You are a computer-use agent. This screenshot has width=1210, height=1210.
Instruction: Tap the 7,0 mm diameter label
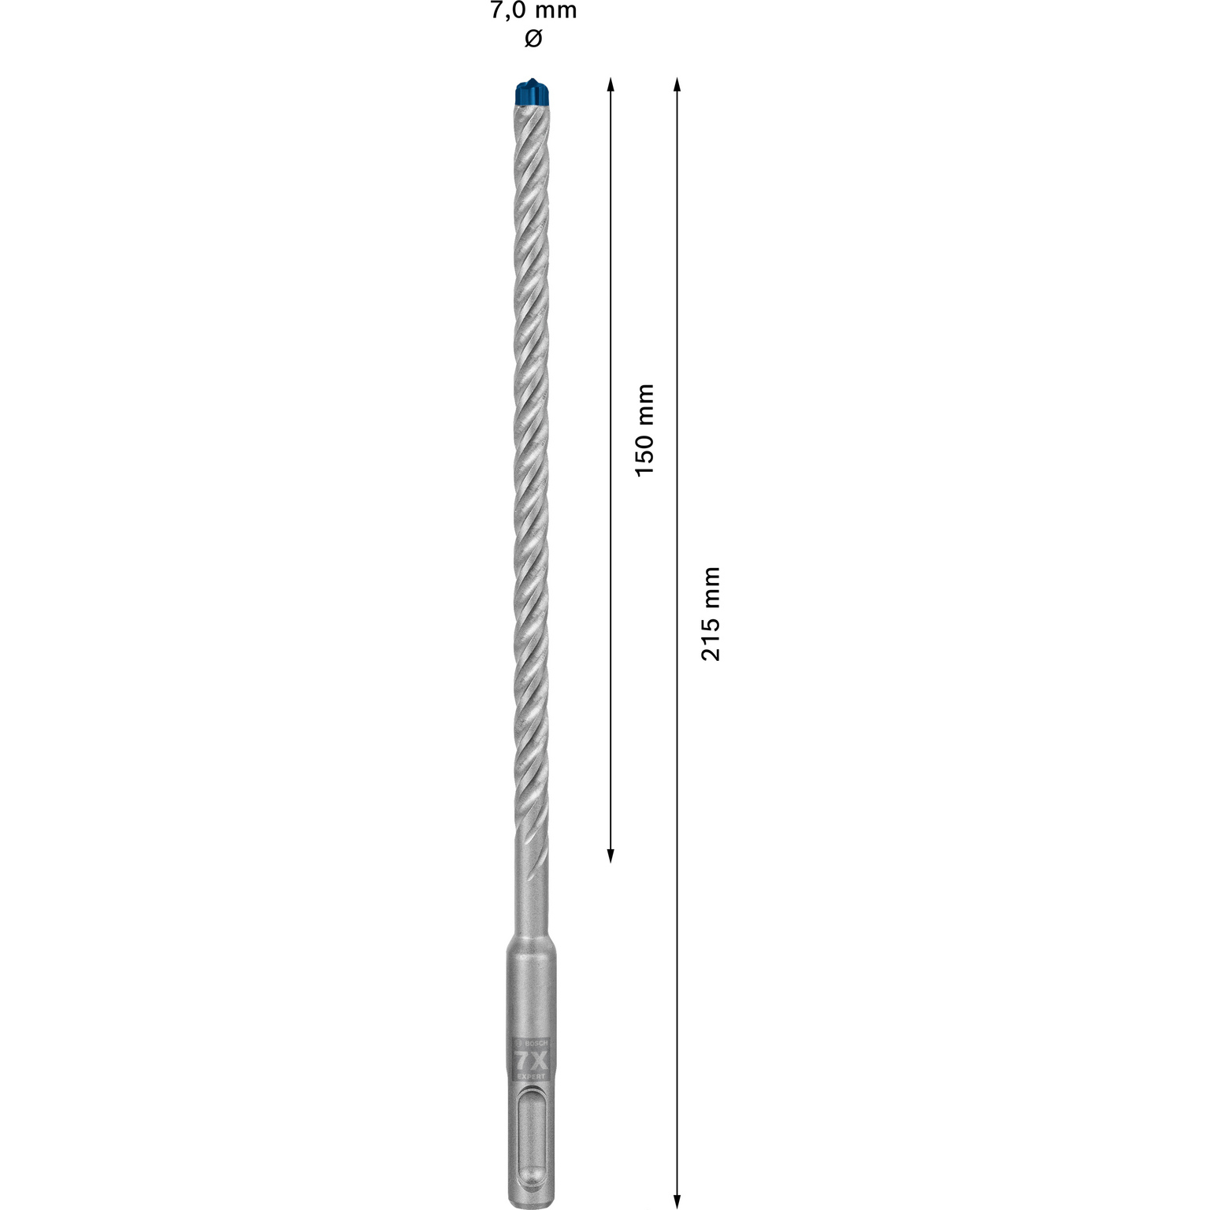pyautogui.click(x=533, y=11)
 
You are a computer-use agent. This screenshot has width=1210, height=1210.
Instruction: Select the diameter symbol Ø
pyautogui.click(x=533, y=39)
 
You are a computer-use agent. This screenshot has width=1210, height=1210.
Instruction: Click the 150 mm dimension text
pyautogui.click(x=645, y=429)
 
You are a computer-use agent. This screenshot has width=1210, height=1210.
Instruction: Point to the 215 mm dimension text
pyautogui.click(x=711, y=613)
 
